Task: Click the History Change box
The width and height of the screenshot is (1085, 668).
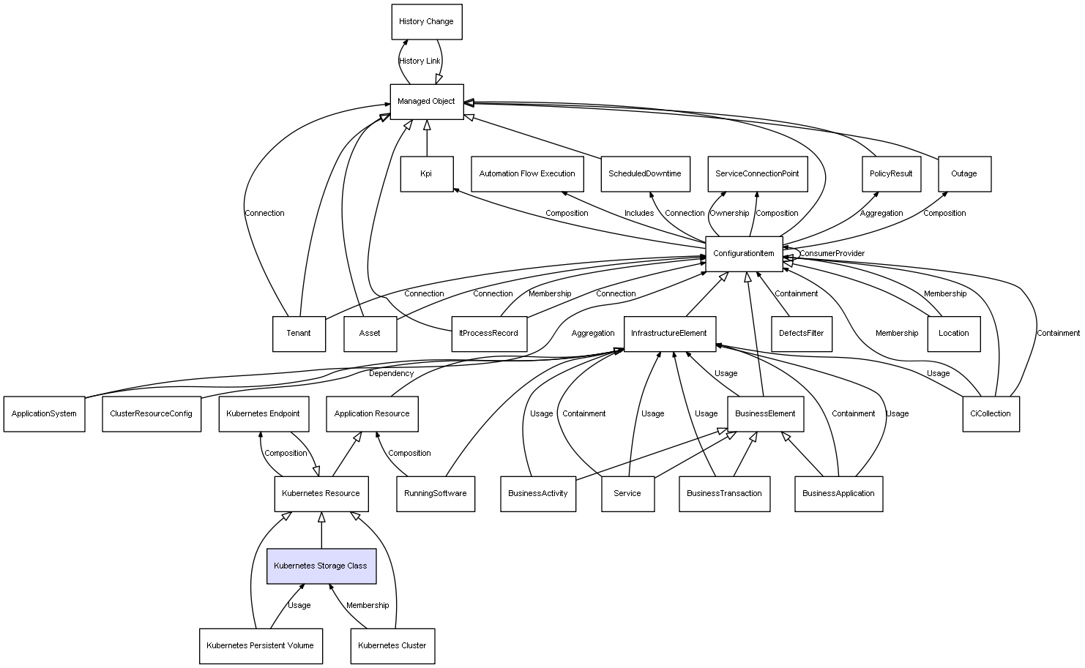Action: [x=426, y=22]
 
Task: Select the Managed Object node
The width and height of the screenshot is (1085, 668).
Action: [x=426, y=102]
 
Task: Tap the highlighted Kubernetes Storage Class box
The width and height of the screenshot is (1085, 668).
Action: [x=321, y=566]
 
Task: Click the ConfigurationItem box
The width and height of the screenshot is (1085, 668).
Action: [x=743, y=254]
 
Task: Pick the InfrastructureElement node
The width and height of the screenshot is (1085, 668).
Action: [x=669, y=334]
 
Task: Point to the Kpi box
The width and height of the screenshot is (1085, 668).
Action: [x=426, y=174]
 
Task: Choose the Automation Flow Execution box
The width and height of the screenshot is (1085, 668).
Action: [x=527, y=174]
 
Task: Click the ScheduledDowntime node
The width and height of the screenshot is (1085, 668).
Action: [x=644, y=174]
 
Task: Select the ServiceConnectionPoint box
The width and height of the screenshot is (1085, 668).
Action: [x=757, y=174]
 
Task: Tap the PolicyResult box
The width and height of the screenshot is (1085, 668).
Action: [x=891, y=174]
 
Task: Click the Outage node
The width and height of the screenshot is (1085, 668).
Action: [x=963, y=174]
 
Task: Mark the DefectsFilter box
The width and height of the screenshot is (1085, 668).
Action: [x=801, y=334]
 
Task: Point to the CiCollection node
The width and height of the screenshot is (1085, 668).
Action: [x=990, y=413]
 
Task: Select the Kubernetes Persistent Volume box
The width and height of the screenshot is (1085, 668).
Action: [x=260, y=646]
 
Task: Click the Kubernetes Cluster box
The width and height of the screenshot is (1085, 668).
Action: [x=392, y=646]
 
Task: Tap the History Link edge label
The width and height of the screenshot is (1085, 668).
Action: [x=420, y=61]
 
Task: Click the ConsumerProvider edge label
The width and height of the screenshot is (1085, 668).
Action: [x=832, y=254]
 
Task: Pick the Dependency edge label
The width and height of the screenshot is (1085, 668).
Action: [x=391, y=374]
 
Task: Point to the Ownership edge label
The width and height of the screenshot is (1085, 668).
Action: [x=729, y=214]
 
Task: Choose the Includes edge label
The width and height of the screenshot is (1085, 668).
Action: [x=639, y=214]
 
